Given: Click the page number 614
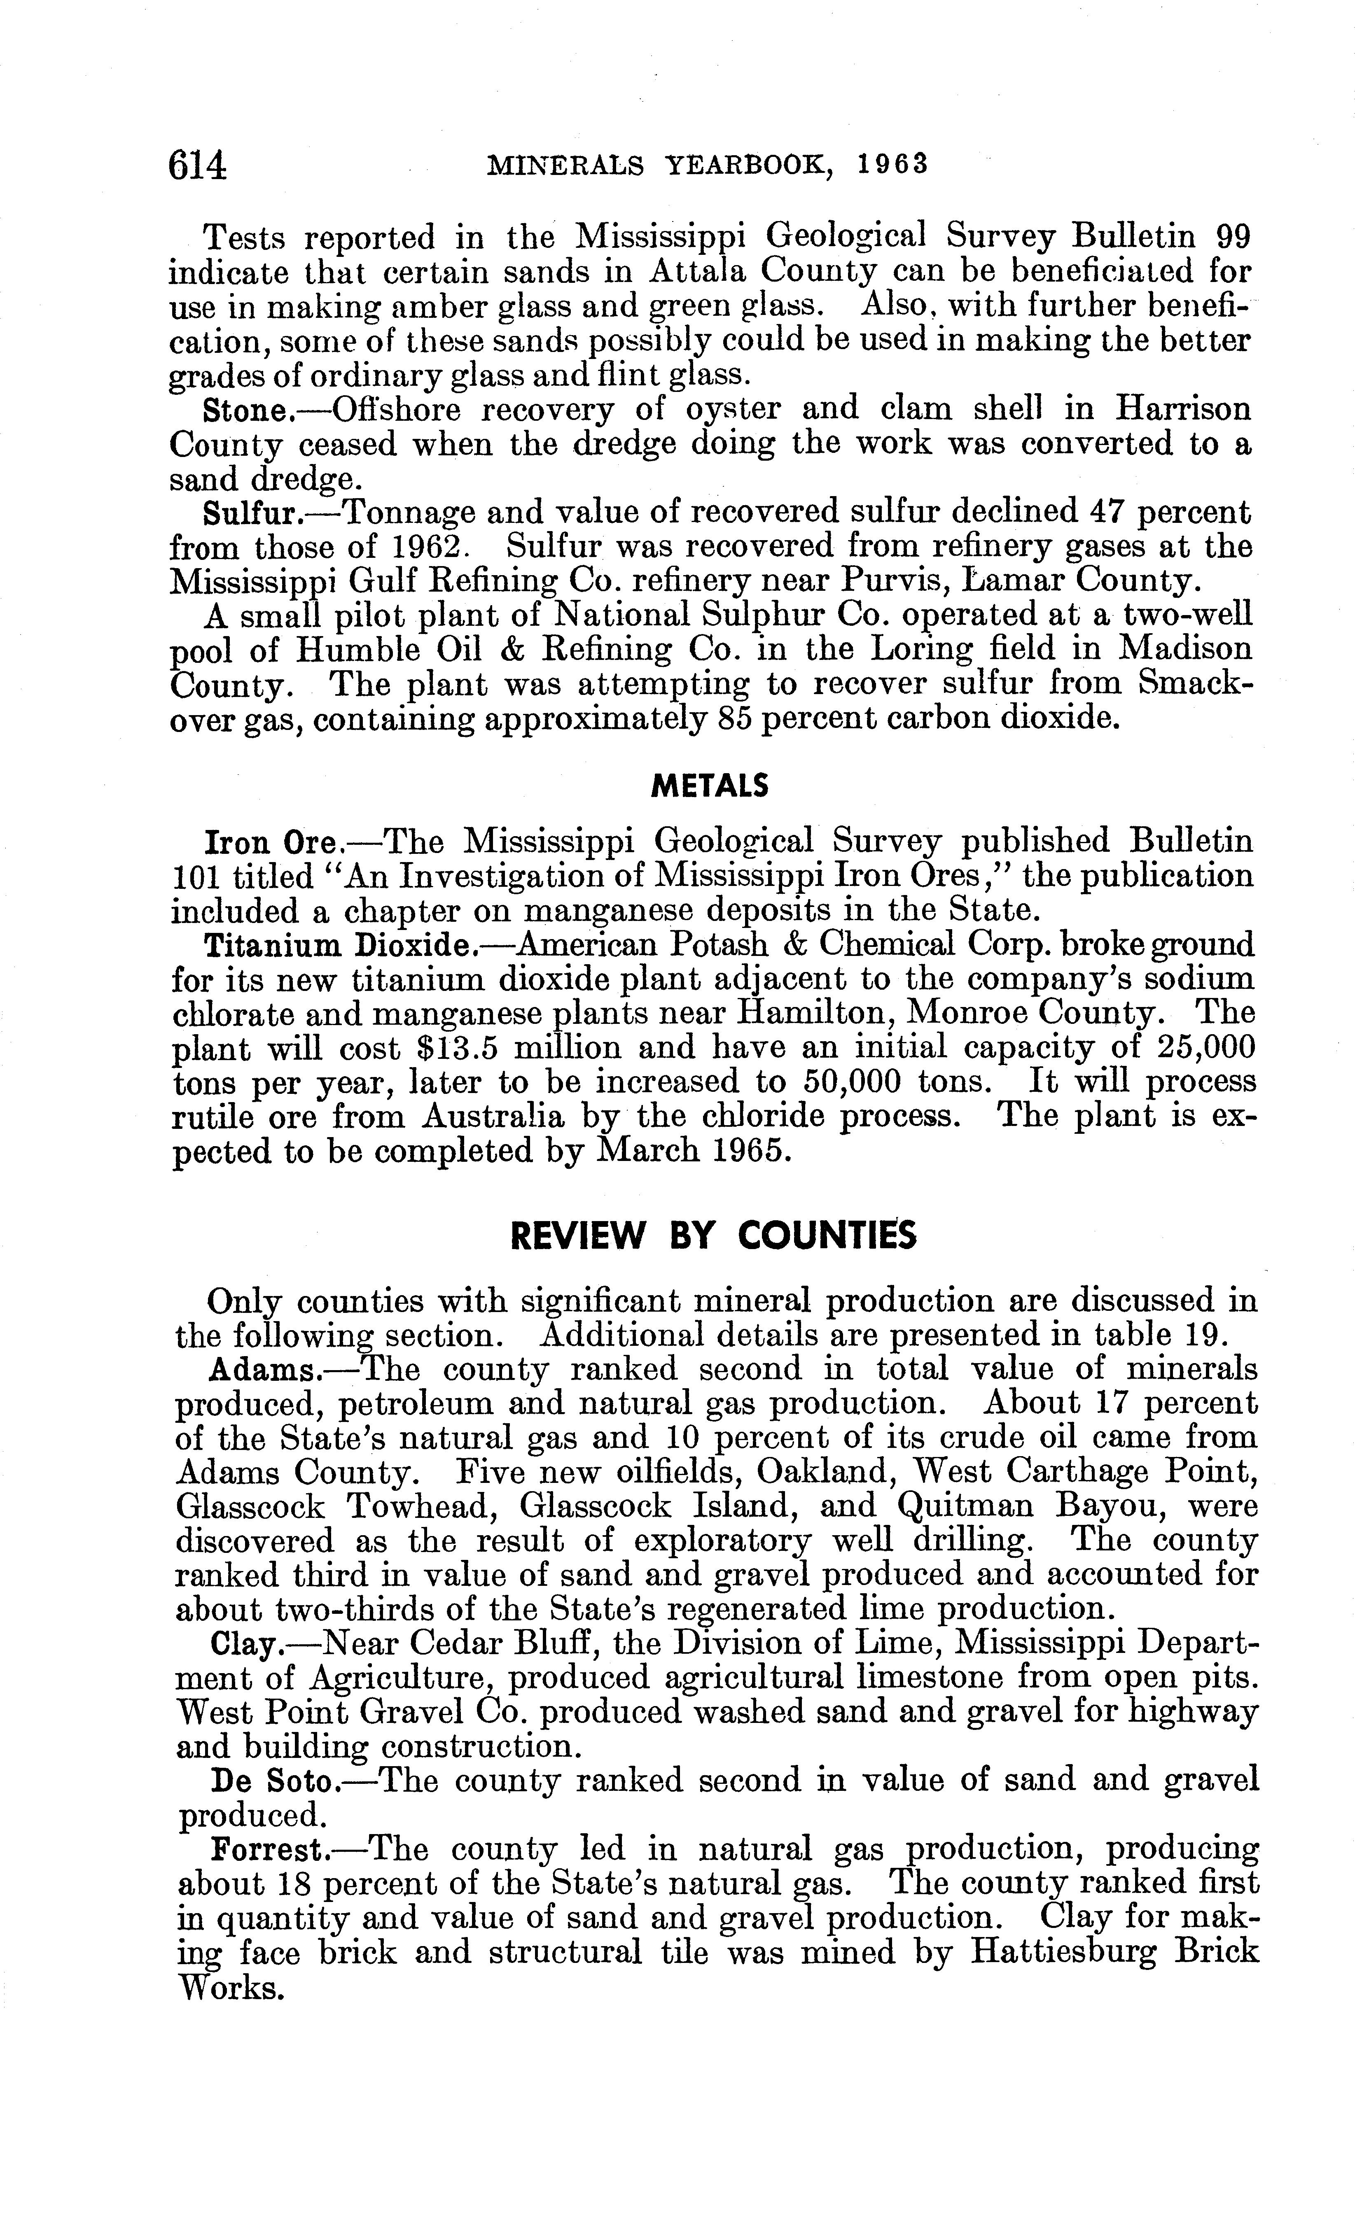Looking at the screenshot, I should tap(197, 166).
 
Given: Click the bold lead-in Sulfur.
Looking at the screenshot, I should tap(251, 514).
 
